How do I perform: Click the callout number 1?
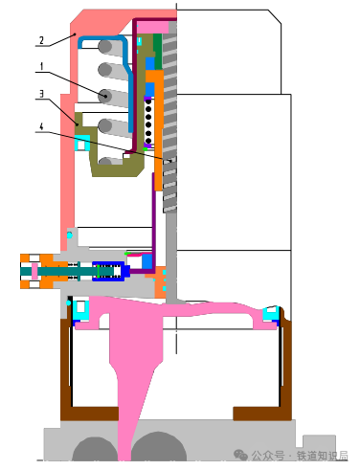click(41, 66)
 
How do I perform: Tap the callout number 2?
click(41, 40)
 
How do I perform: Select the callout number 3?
click(41, 94)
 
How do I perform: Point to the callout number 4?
click(41, 126)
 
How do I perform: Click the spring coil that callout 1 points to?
click(104, 96)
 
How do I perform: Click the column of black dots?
click(148, 121)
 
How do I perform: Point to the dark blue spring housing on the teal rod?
click(108, 271)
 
